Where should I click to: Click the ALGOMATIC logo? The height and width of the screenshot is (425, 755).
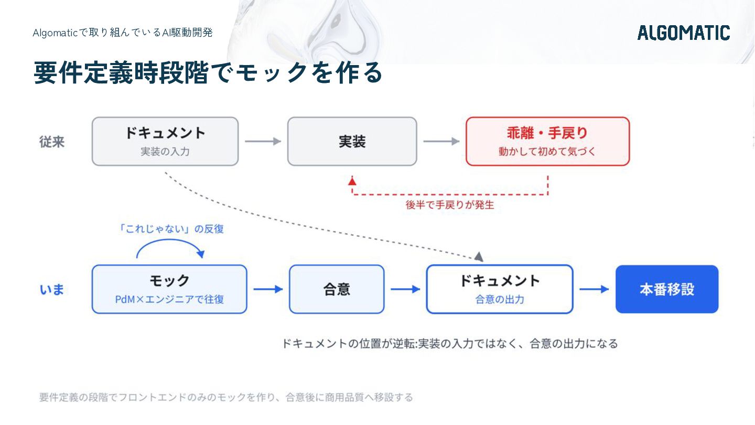click(684, 33)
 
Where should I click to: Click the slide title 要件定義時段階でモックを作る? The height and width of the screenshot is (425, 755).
click(208, 72)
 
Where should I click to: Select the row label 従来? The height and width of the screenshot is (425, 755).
click(52, 142)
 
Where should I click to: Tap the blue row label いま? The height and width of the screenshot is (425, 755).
click(52, 290)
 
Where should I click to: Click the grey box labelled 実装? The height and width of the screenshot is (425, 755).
click(352, 141)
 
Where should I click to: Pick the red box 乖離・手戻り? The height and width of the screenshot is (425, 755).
click(548, 141)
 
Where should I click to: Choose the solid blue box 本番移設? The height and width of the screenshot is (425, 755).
click(667, 289)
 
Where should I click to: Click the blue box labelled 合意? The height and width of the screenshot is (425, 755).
click(337, 289)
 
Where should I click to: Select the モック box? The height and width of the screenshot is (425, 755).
click(169, 289)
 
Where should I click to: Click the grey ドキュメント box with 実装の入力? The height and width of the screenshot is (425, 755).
click(165, 141)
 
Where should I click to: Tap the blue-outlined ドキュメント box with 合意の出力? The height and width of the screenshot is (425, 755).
click(500, 289)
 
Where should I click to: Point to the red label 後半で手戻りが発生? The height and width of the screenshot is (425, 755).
click(450, 205)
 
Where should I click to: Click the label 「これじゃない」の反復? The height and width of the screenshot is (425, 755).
click(170, 229)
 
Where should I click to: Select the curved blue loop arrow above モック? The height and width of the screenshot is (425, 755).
click(170, 240)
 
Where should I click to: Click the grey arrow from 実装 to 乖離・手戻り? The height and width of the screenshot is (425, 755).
click(441, 141)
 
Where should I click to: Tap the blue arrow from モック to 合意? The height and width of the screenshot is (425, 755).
click(268, 289)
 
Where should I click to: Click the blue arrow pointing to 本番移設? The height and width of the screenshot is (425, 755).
click(594, 289)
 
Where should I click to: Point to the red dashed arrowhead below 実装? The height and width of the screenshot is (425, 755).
click(352, 182)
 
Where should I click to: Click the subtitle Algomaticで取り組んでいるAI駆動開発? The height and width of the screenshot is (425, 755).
click(123, 33)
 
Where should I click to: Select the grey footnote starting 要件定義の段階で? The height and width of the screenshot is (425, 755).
click(226, 397)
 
